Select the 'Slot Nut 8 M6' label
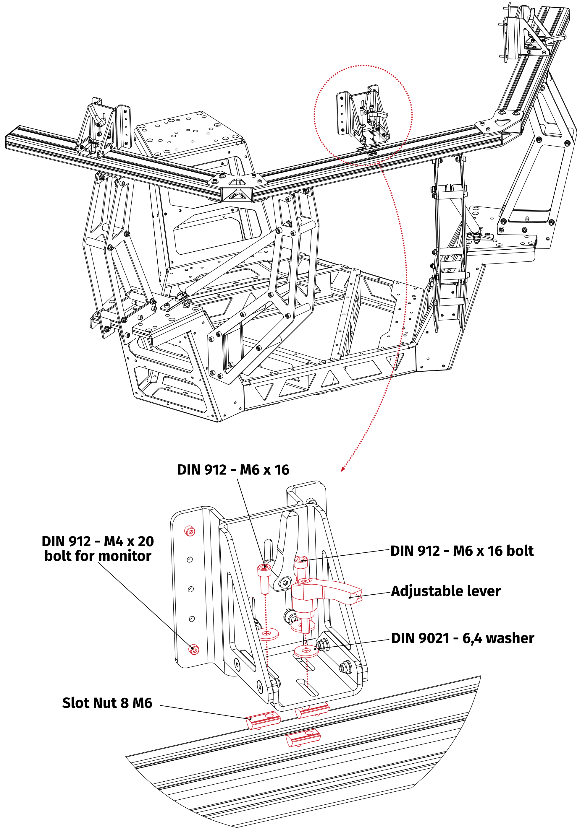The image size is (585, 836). click(x=107, y=703)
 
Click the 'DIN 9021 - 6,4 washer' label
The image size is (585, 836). click(x=462, y=638)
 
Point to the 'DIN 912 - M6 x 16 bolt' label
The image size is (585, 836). click(x=461, y=551)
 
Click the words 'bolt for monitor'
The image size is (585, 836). click(x=98, y=556)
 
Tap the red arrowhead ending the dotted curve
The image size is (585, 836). click(x=342, y=470)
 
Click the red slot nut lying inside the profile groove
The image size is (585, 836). click(x=303, y=739)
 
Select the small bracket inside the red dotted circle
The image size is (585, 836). click(x=363, y=116)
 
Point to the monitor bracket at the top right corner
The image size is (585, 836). click(x=525, y=35)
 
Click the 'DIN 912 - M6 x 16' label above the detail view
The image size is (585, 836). click(x=233, y=470)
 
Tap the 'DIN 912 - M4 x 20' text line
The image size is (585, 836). click(x=98, y=541)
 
